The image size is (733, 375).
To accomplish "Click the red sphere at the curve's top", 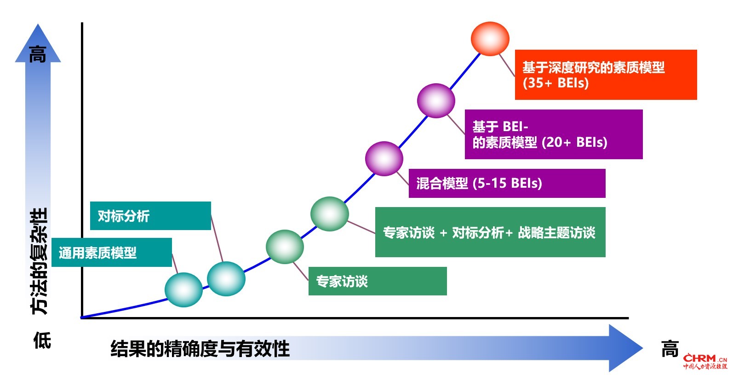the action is [490, 39].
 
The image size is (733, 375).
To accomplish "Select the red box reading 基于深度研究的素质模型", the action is [606, 75].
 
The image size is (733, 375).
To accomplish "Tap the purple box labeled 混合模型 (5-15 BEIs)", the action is [507, 184].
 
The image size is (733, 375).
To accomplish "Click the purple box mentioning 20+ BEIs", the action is [554, 134].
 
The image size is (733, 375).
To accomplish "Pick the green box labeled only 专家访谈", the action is [378, 281].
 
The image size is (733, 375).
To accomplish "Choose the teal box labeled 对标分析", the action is [150, 216].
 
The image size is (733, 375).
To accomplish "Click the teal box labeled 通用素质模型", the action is [112, 253].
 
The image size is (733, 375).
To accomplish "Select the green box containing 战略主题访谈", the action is [490, 232].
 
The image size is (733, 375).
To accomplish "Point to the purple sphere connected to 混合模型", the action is [384, 159].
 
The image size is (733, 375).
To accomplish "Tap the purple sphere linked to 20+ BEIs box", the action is [436, 101].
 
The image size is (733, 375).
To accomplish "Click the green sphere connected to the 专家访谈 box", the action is [285, 247].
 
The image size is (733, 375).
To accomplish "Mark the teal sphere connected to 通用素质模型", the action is [183, 290].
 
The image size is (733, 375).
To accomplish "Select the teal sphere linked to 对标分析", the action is [226, 279].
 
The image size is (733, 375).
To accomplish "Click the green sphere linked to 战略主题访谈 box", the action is [330, 214].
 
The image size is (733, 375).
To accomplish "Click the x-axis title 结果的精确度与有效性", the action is [200, 348].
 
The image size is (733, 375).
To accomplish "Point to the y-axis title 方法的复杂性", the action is [39, 261].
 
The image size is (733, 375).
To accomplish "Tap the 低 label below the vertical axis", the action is [42, 340].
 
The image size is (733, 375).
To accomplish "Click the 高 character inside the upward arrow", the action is [38, 54].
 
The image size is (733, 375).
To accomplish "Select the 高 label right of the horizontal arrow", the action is [670, 349].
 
